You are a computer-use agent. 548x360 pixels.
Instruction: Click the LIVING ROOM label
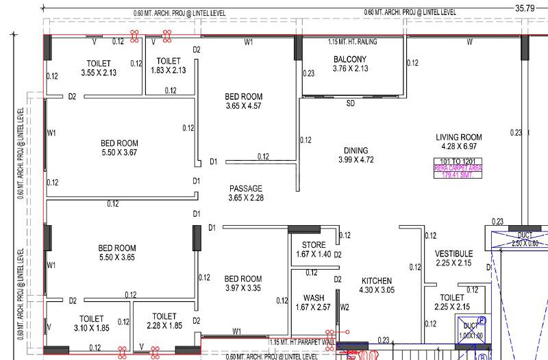click(x=459, y=137)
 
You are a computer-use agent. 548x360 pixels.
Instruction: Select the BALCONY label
click(x=350, y=60)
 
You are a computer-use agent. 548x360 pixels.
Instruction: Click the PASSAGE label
click(x=245, y=188)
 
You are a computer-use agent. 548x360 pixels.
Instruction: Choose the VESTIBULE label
click(x=454, y=254)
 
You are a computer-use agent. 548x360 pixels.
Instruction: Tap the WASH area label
click(x=314, y=298)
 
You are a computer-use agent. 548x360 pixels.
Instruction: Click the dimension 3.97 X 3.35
click(x=243, y=288)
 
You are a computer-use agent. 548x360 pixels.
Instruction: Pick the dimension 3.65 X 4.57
click(x=243, y=106)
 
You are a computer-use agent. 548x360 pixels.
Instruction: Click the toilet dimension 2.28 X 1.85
click(x=165, y=326)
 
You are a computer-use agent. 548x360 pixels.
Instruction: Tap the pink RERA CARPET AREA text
click(x=458, y=167)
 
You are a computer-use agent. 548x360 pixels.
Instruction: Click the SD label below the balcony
click(x=350, y=104)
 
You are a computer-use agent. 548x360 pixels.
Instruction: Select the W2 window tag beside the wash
click(x=345, y=307)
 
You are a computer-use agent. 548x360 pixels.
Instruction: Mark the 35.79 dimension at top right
click(x=525, y=8)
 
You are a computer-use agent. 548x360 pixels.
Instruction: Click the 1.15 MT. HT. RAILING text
click(x=352, y=42)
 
